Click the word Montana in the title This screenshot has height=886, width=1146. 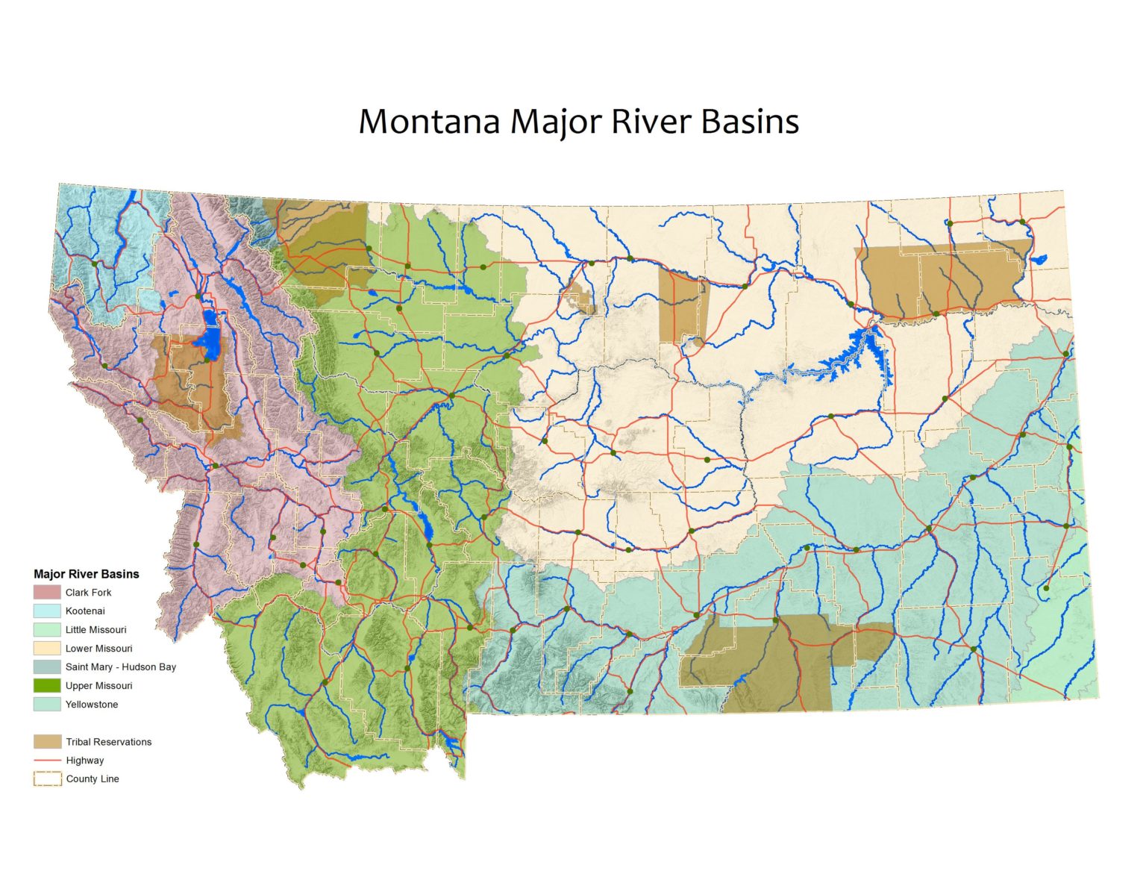point(429,122)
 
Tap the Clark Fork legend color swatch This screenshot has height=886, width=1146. point(46,593)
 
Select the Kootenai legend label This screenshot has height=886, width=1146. point(85,611)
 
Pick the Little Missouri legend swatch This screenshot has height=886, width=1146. point(46,630)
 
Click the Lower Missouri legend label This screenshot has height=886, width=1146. point(98,649)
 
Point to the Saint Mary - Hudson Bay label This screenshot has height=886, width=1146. point(121,667)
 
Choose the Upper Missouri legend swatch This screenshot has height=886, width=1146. point(46,686)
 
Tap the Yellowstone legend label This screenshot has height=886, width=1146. point(92,705)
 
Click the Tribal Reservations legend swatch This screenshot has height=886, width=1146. point(46,742)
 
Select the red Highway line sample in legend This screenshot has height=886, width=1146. point(46,761)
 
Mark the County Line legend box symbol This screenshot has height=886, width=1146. point(46,779)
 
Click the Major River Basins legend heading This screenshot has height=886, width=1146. point(87,574)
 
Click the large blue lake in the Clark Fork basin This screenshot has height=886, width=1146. point(210,340)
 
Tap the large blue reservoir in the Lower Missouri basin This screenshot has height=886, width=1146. point(851,358)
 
